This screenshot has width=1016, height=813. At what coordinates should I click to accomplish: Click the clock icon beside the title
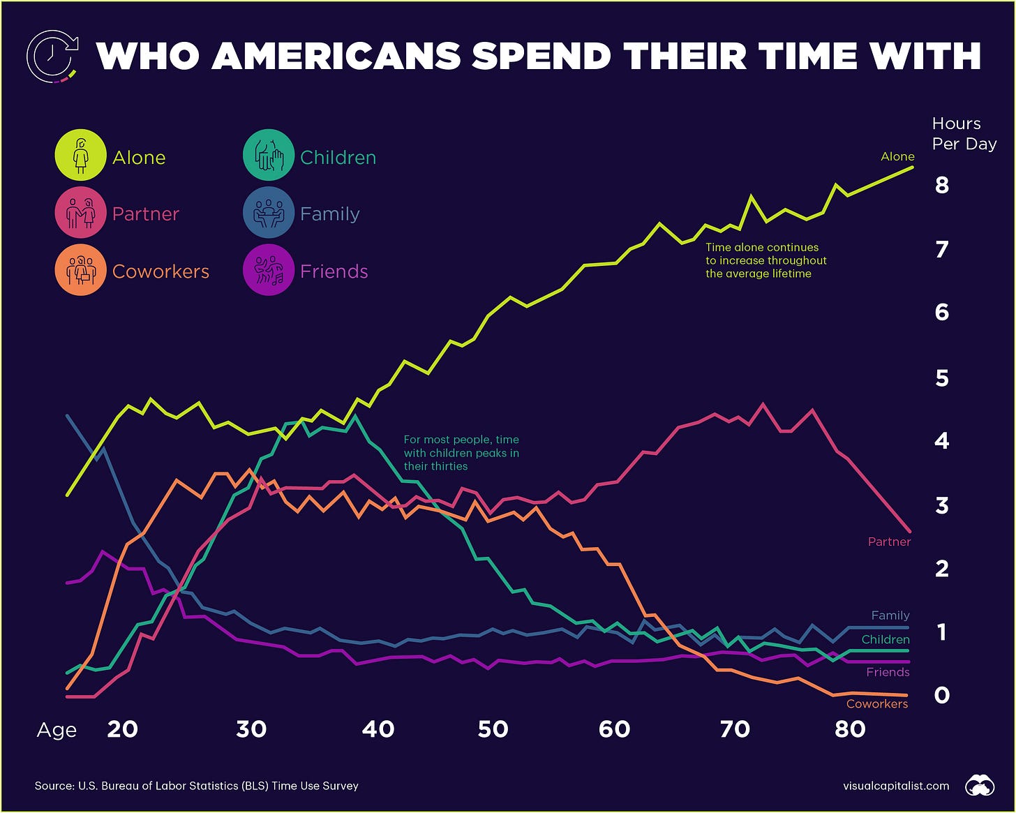pyautogui.click(x=51, y=56)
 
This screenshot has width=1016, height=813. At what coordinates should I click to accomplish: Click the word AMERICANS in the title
pyautogui.click(x=336, y=56)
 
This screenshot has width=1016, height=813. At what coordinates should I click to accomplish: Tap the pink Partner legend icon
pyautogui.click(x=80, y=214)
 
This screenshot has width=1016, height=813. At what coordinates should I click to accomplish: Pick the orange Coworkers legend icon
pyautogui.click(x=80, y=270)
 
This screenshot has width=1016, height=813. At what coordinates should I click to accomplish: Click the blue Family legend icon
pyautogui.click(x=268, y=214)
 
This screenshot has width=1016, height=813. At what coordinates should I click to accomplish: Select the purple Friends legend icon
pyautogui.click(x=268, y=270)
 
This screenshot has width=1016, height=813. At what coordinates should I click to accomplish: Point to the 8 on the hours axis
pyautogui.click(x=942, y=185)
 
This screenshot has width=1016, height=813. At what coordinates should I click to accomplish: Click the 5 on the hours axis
pyautogui.click(x=942, y=378)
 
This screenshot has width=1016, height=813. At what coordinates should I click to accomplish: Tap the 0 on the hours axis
pyautogui.click(x=942, y=695)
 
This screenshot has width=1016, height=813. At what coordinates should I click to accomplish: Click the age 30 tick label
pyautogui.click(x=251, y=729)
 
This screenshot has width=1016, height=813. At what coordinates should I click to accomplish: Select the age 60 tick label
pyautogui.click(x=614, y=729)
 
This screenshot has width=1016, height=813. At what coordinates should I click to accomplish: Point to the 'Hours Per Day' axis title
pyautogui.click(x=964, y=134)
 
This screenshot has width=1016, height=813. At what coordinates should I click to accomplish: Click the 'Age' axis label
pyautogui.click(x=57, y=730)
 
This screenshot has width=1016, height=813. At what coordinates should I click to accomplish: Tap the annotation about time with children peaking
pyautogui.click(x=461, y=453)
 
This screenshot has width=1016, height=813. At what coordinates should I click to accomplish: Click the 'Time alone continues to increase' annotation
pyautogui.click(x=765, y=260)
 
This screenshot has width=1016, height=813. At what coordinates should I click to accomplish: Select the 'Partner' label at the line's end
pyautogui.click(x=889, y=542)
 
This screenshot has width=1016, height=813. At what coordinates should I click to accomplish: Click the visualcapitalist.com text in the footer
pyautogui.click(x=896, y=786)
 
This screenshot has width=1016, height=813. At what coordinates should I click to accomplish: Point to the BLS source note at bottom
pyautogui.click(x=196, y=786)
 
